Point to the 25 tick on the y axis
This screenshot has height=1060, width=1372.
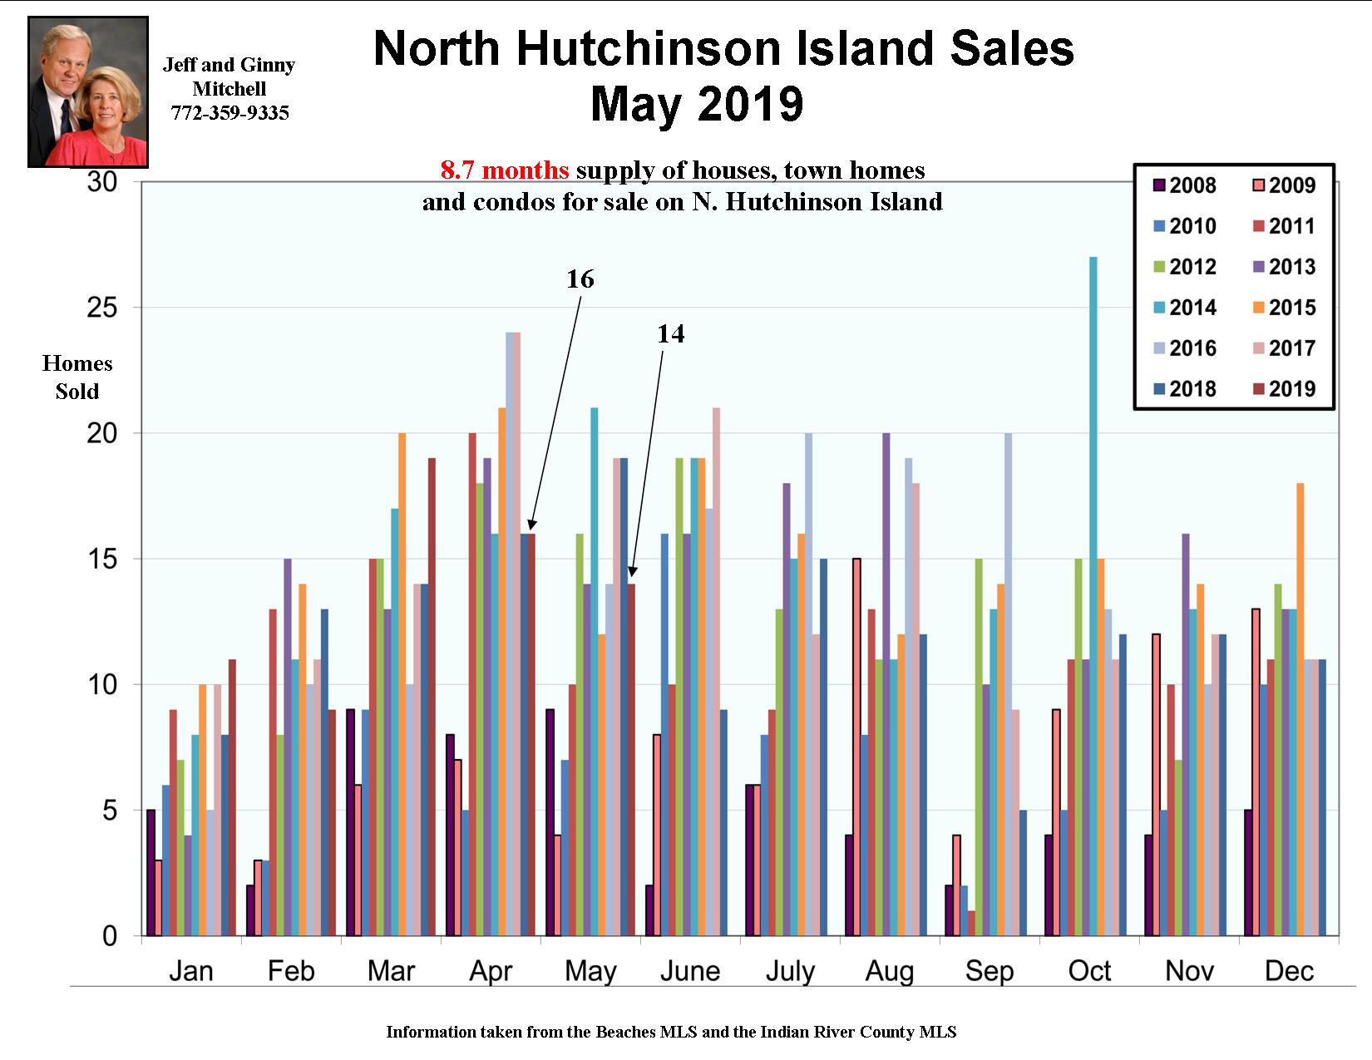coord(103,308)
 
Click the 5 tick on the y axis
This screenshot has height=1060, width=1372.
coord(111,811)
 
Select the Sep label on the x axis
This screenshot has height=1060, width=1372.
coord(990,970)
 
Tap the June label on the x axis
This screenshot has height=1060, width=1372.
coord(690,970)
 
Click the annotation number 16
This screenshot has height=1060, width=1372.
coord(580,279)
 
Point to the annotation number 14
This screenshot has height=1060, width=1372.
coord(670,334)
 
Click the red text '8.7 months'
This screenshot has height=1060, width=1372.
coord(505,171)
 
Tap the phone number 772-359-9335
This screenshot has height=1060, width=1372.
coord(229,113)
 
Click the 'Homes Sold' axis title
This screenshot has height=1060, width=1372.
coord(77,377)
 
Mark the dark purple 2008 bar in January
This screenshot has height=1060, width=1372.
coord(151,873)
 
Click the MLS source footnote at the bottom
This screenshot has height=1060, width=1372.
coord(671,1033)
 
